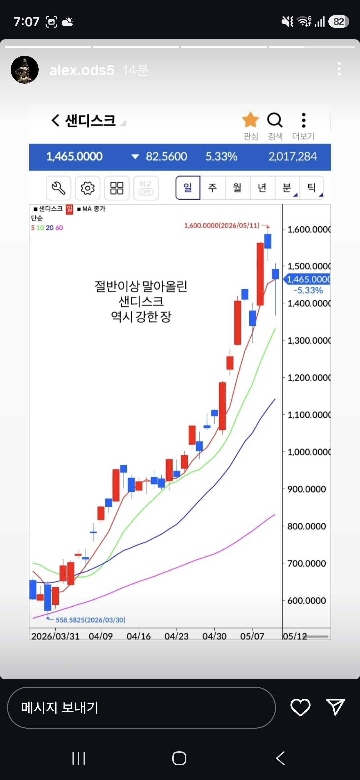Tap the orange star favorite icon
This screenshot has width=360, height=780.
point(250,120)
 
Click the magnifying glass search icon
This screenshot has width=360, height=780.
point(275,120)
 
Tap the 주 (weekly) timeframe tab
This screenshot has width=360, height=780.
point(212,188)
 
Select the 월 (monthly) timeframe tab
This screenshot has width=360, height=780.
point(237,188)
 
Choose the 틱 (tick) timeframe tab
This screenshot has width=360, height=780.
point(311,188)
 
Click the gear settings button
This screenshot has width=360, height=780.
point(88,188)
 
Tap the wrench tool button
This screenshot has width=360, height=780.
point(58,188)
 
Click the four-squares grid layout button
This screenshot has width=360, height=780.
point(117,188)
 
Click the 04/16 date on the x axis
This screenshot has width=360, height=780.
point(138,636)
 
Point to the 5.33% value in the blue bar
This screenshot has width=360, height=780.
point(221,156)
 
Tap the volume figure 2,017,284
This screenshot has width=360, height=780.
point(293,156)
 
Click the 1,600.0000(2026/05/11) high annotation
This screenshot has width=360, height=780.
point(222,225)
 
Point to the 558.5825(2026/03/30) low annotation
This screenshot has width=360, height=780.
point(91,620)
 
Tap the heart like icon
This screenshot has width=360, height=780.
point(300,707)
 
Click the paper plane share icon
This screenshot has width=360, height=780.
point(335,707)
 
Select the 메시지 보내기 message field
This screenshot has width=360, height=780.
point(141,707)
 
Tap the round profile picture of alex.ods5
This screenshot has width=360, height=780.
point(25,70)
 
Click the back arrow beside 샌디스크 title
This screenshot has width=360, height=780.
point(55,120)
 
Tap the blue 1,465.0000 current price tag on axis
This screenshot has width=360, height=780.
point(307,279)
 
